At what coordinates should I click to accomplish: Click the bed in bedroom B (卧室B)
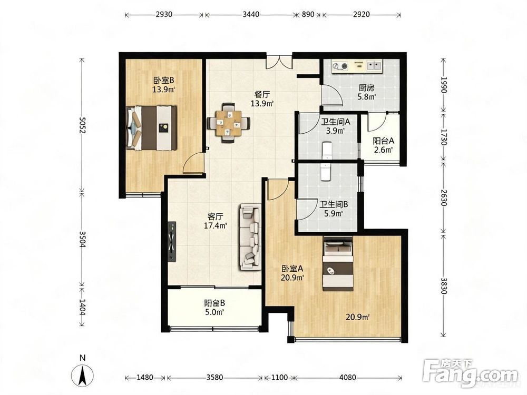pos(152,128)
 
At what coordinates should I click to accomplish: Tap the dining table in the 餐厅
pos(229,123)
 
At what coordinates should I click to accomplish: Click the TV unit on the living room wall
pos(172,241)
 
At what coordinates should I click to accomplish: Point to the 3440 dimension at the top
pos(250,14)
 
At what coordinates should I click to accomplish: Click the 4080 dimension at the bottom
pos(347,378)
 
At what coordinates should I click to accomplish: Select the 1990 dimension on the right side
pos(444,85)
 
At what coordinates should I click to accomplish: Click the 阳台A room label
pos(384,141)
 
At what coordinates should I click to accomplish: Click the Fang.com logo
pos(471,374)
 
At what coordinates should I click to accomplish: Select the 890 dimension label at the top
pos(308,14)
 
